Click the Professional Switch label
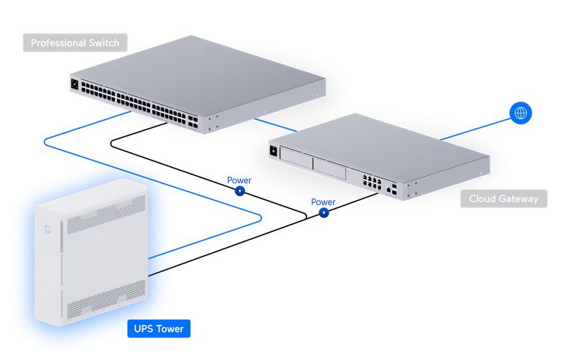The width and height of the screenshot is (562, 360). click(75, 43)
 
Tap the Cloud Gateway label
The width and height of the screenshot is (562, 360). click(503, 199)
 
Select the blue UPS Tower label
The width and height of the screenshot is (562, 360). click(159, 329)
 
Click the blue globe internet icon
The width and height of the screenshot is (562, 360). click(521, 113)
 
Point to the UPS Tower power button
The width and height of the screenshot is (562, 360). click(47, 229)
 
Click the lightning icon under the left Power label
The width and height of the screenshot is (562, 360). click(240, 191)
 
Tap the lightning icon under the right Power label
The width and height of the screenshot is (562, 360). click(324, 213)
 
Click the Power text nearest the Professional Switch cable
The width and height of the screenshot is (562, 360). click(239, 180)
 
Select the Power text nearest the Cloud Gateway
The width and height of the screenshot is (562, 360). click(323, 202)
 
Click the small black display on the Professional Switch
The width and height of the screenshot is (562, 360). click(74, 84)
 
